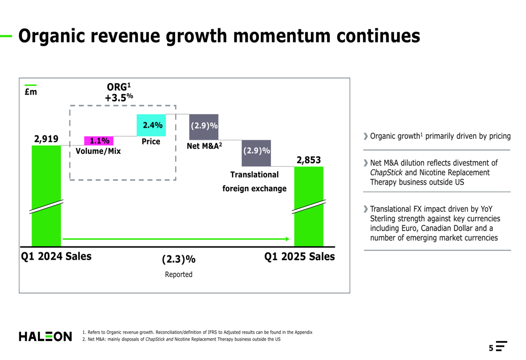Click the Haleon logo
click(x=45, y=336)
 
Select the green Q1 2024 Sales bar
click(x=46, y=194)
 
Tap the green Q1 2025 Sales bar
click(x=309, y=205)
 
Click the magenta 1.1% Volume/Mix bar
click(x=99, y=141)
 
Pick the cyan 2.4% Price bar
click(x=151, y=126)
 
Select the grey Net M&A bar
click(x=204, y=127)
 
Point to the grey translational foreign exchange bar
click(x=256, y=152)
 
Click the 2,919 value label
click(x=46, y=139)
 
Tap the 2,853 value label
click(x=309, y=160)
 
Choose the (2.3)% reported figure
click(x=179, y=259)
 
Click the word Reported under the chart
click(x=179, y=274)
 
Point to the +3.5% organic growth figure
click(x=119, y=98)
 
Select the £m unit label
click(x=31, y=92)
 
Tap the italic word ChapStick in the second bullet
click(x=386, y=172)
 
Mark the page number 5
click(x=491, y=348)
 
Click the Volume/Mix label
click(x=98, y=151)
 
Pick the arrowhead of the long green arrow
click(x=287, y=239)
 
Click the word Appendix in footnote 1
click(x=304, y=332)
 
